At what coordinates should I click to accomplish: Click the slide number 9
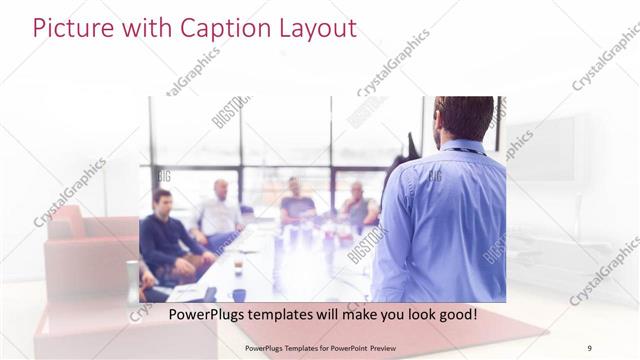pos(589,347)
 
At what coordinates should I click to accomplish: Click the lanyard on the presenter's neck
pos(462,150)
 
